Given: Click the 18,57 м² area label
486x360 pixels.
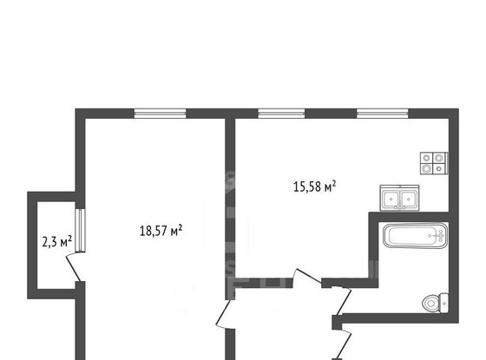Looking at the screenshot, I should (x=161, y=231).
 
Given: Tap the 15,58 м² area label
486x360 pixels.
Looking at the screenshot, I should (x=313, y=186).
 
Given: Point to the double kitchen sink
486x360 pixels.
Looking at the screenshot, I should (x=399, y=200).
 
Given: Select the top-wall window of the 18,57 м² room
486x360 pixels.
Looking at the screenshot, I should (x=160, y=113).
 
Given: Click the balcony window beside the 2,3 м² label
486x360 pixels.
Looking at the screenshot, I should (x=78, y=230).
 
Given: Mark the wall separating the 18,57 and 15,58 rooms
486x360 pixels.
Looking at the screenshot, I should (x=230, y=200).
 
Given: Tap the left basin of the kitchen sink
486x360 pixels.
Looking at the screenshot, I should (x=391, y=200).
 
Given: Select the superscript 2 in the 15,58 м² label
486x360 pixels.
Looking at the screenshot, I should (x=334, y=181).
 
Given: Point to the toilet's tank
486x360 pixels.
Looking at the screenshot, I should (x=443, y=303).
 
